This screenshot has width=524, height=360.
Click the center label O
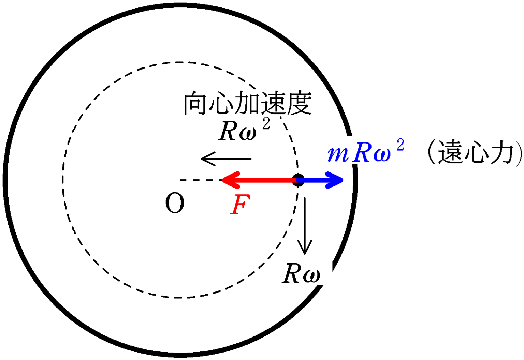click(175, 203)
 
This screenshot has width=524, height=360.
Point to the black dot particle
click(298, 180)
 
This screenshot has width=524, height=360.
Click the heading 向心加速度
click(247, 103)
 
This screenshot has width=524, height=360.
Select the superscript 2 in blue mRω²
click(400, 146)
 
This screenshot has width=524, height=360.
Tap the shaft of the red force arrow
click(266, 180)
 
